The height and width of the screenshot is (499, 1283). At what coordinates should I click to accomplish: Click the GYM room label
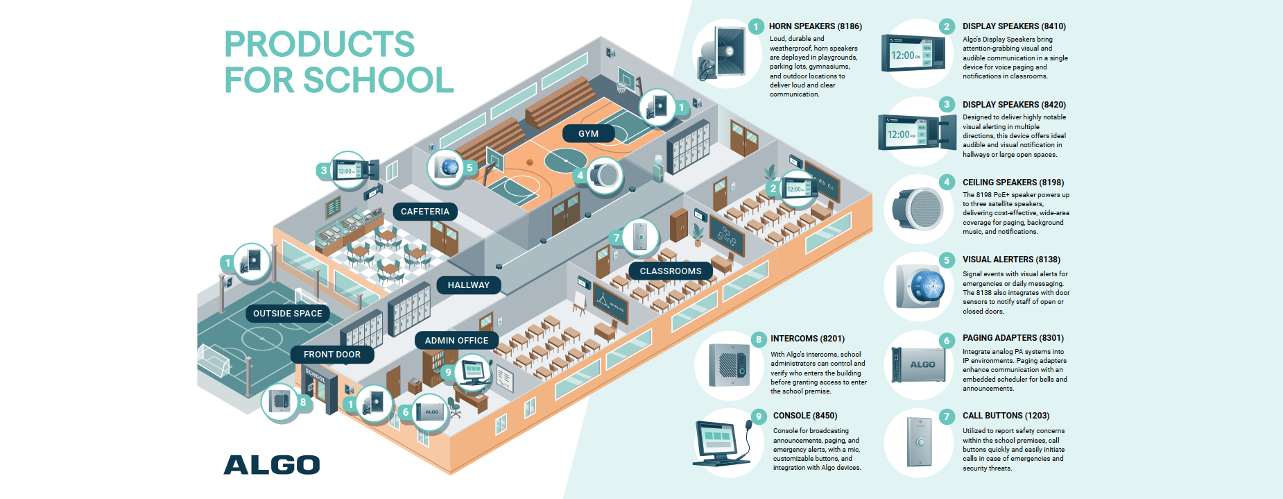pos(588,134)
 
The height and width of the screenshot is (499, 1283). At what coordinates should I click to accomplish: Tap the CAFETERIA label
pos(425,212)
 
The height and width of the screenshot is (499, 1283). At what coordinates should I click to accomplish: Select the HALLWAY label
pos(469,285)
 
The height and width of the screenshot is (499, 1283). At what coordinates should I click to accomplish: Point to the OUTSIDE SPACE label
pos(288,314)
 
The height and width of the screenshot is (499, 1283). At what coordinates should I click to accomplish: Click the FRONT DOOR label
pos(332,355)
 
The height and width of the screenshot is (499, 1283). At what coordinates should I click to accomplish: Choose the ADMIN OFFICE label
pos(456,341)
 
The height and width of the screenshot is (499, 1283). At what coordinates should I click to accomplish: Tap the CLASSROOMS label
pos(671,271)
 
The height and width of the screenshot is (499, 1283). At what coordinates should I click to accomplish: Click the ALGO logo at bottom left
pos(272,465)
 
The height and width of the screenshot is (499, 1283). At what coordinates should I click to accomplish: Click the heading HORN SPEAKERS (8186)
pos(816,26)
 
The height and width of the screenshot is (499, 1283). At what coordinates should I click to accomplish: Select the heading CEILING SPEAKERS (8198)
pos(1013,183)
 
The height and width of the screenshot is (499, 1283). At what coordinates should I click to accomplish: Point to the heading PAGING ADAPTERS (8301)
pos(1013,338)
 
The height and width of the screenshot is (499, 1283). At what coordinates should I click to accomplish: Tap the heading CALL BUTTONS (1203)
pos(1006,416)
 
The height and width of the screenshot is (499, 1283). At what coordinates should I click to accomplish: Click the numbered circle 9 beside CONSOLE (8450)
pos(759,416)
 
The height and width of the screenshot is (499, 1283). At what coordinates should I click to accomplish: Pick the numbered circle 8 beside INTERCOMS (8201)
pos(759,339)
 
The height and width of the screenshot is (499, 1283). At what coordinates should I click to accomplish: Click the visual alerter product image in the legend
pos(920,286)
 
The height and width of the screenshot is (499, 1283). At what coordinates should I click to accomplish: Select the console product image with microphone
pos(724,443)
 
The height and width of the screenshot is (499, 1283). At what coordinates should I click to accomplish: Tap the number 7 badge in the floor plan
pos(617,238)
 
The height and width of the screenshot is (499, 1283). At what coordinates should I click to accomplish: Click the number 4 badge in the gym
pos(580,176)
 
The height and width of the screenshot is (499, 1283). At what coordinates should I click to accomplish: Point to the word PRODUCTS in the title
pos(320,44)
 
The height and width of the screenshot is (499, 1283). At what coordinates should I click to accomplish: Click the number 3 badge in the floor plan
pos(324,170)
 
